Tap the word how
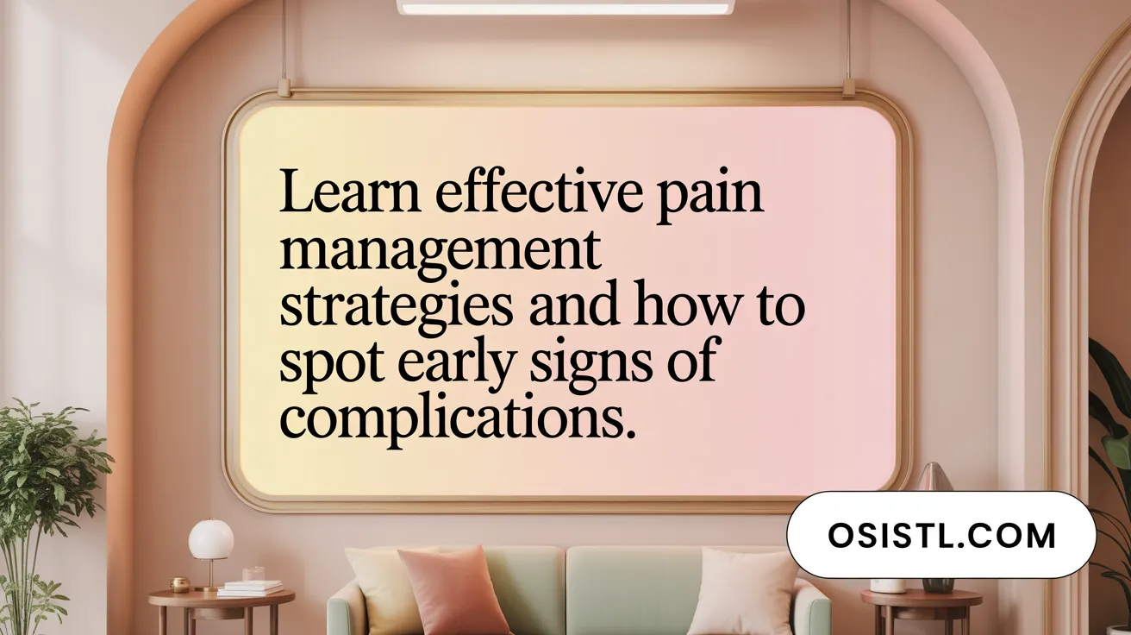pos(667,308)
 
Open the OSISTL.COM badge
pos(941,535)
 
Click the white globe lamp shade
pos(211,540)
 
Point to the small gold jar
pos(179,585)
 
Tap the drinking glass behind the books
pos(253,574)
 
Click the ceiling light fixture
pos(565,7)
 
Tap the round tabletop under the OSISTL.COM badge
pos(921,596)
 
